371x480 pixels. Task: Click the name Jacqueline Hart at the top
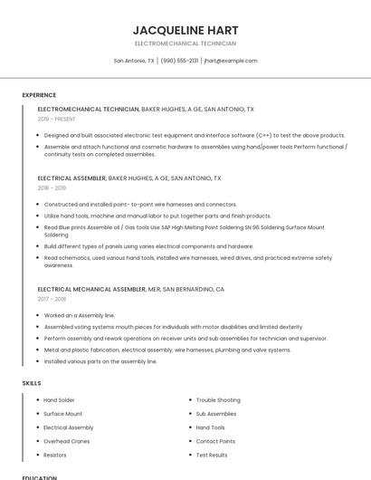(185, 30)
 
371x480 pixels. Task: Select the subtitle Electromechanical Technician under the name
(185, 43)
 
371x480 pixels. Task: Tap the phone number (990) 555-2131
(180, 61)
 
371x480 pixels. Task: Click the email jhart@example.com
(231, 61)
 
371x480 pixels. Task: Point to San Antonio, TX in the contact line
(134, 61)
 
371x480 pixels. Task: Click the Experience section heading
(39, 95)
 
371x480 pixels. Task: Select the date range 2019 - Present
(56, 119)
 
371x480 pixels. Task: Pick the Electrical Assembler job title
(71, 178)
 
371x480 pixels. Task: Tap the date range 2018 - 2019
(52, 188)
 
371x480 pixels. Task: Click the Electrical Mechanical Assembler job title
(91, 289)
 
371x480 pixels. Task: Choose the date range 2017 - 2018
(52, 299)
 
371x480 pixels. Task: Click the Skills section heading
(32, 383)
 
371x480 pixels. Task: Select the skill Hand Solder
(59, 399)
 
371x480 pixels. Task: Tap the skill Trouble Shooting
(218, 399)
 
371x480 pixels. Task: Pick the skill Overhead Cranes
(66, 441)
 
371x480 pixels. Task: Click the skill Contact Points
(215, 441)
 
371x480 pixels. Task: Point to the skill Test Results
(212, 455)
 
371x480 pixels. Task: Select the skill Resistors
(55, 455)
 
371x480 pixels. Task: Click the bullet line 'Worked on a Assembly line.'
(80, 315)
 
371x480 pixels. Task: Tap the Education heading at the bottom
(39, 477)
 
